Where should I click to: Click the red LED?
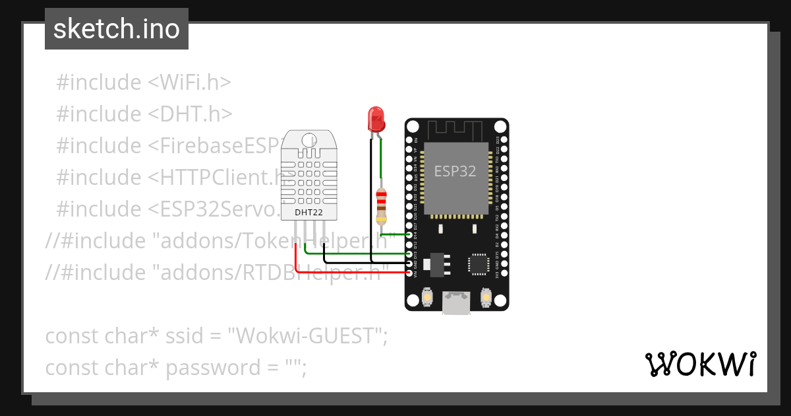click(376, 119)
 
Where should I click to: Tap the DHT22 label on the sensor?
click(308, 213)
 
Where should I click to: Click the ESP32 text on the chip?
click(455, 171)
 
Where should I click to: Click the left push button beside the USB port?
click(427, 298)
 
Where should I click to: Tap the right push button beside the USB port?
click(486, 298)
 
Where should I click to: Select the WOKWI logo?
click(700, 364)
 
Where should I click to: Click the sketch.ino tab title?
click(117, 29)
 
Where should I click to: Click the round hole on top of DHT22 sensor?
click(308, 140)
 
